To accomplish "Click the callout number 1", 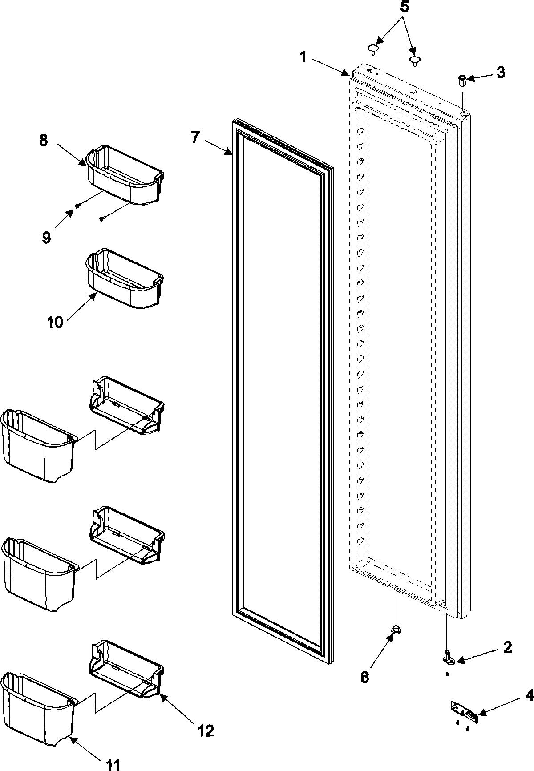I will [303, 57].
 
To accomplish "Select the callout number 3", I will [501, 73].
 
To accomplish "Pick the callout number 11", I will [113, 764].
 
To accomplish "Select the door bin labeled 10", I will [123, 278].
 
